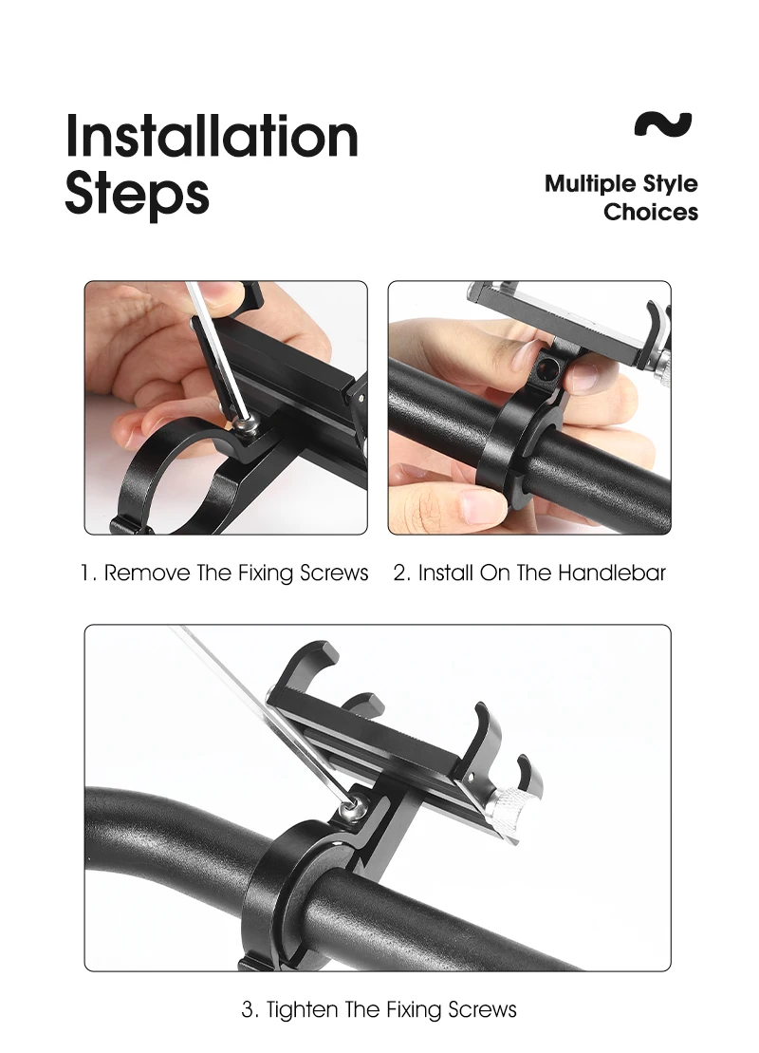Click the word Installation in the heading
tap(213, 136)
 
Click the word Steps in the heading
tap(137, 195)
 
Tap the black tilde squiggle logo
tap(663, 124)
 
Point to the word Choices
tap(650, 212)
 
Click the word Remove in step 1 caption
tap(147, 573)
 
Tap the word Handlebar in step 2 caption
tap(611, 573)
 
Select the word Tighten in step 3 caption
tap(302, 1009)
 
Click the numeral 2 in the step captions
tap(400, 574)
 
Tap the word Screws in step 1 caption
tap(334, 573)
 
